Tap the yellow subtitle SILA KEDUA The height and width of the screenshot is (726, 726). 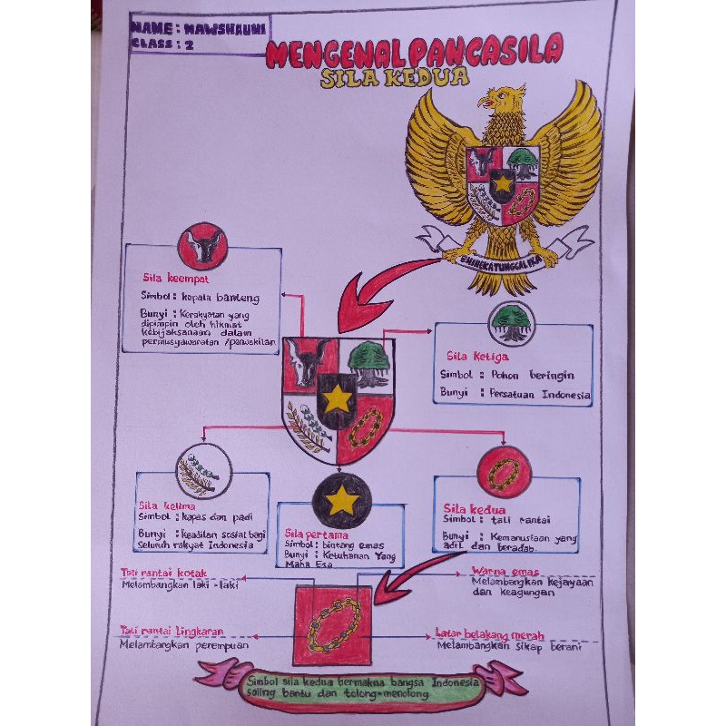(x=395, y=78)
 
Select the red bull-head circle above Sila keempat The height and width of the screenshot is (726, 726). (x=202, y=246)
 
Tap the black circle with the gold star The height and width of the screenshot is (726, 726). (x=341, y=500)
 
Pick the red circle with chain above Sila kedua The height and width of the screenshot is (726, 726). (x=503, y=471)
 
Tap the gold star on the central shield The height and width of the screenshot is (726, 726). (x=338, y=396)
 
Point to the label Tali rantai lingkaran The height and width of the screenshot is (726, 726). (x=171, y=631)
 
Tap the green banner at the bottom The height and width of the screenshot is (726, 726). (x=359, y=687)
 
